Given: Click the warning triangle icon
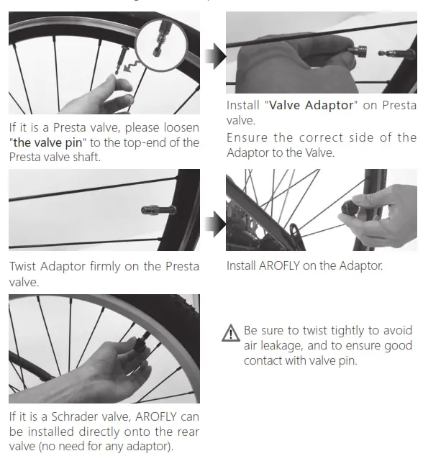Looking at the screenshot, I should click(x=232, y=332).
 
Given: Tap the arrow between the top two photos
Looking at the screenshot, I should click(x=214, y=56).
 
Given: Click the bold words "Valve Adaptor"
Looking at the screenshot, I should click(x=311, y=106).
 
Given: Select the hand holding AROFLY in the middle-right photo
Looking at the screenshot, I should click(x=388, y=216).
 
